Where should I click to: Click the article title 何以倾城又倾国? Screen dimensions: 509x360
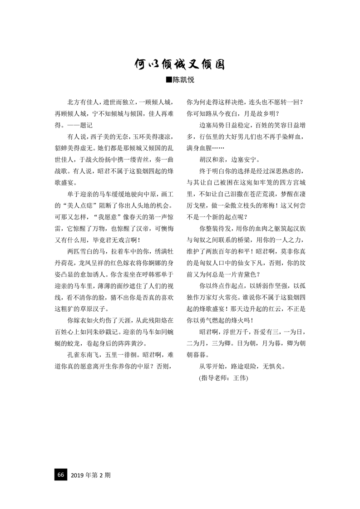point(180,64)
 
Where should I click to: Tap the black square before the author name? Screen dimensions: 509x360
point(169,80)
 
